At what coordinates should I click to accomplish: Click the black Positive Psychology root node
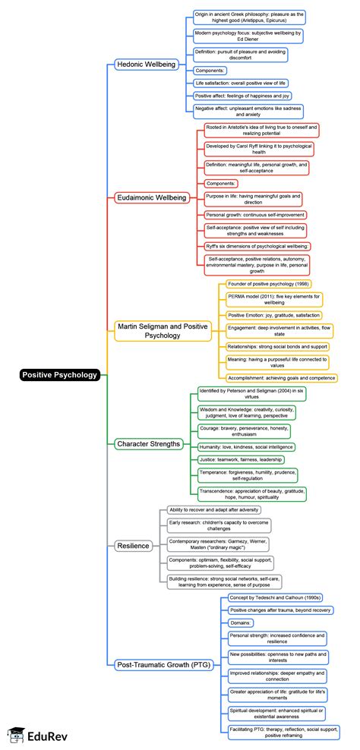pyautogui.click(x=60, y=374)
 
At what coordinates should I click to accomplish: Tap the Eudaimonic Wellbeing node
pyautogui.click(x=151, y=197)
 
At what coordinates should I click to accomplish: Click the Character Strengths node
pyautogui.click(x=149, y=443)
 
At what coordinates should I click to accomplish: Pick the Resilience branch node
pyautogui.click(x=134, y=545)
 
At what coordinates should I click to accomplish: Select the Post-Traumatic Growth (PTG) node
pyautogui.click(x=164, y=665)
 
